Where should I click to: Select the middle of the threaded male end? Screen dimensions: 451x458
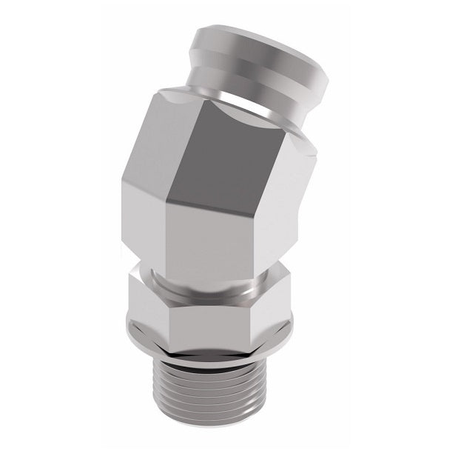pyautogui.click(x=215, y=392)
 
